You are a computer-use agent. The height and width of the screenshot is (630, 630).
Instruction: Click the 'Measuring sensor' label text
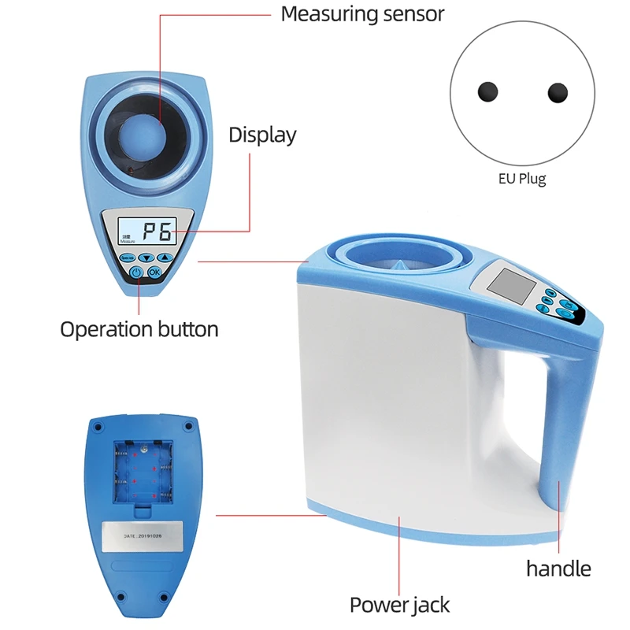[362, 13]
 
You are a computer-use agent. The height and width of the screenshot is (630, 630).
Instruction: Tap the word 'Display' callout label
[262, 135]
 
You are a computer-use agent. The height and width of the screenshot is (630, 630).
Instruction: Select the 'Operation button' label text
[139, 328]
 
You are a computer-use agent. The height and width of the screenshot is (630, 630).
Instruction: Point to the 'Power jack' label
[399, 605]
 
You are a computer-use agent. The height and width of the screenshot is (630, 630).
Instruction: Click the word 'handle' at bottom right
[558, 568]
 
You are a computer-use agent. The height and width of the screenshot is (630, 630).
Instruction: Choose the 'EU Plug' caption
[521, 179]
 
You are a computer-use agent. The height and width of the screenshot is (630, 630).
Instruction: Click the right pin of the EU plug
[558, 92]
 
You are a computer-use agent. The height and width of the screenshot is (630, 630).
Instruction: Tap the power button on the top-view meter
[136, 272]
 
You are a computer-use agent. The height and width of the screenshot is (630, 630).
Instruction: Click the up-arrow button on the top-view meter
[164, 258]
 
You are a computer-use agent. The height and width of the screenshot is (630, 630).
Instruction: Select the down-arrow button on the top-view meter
[146, 258]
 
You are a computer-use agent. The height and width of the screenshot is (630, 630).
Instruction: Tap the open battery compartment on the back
[142, 471]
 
